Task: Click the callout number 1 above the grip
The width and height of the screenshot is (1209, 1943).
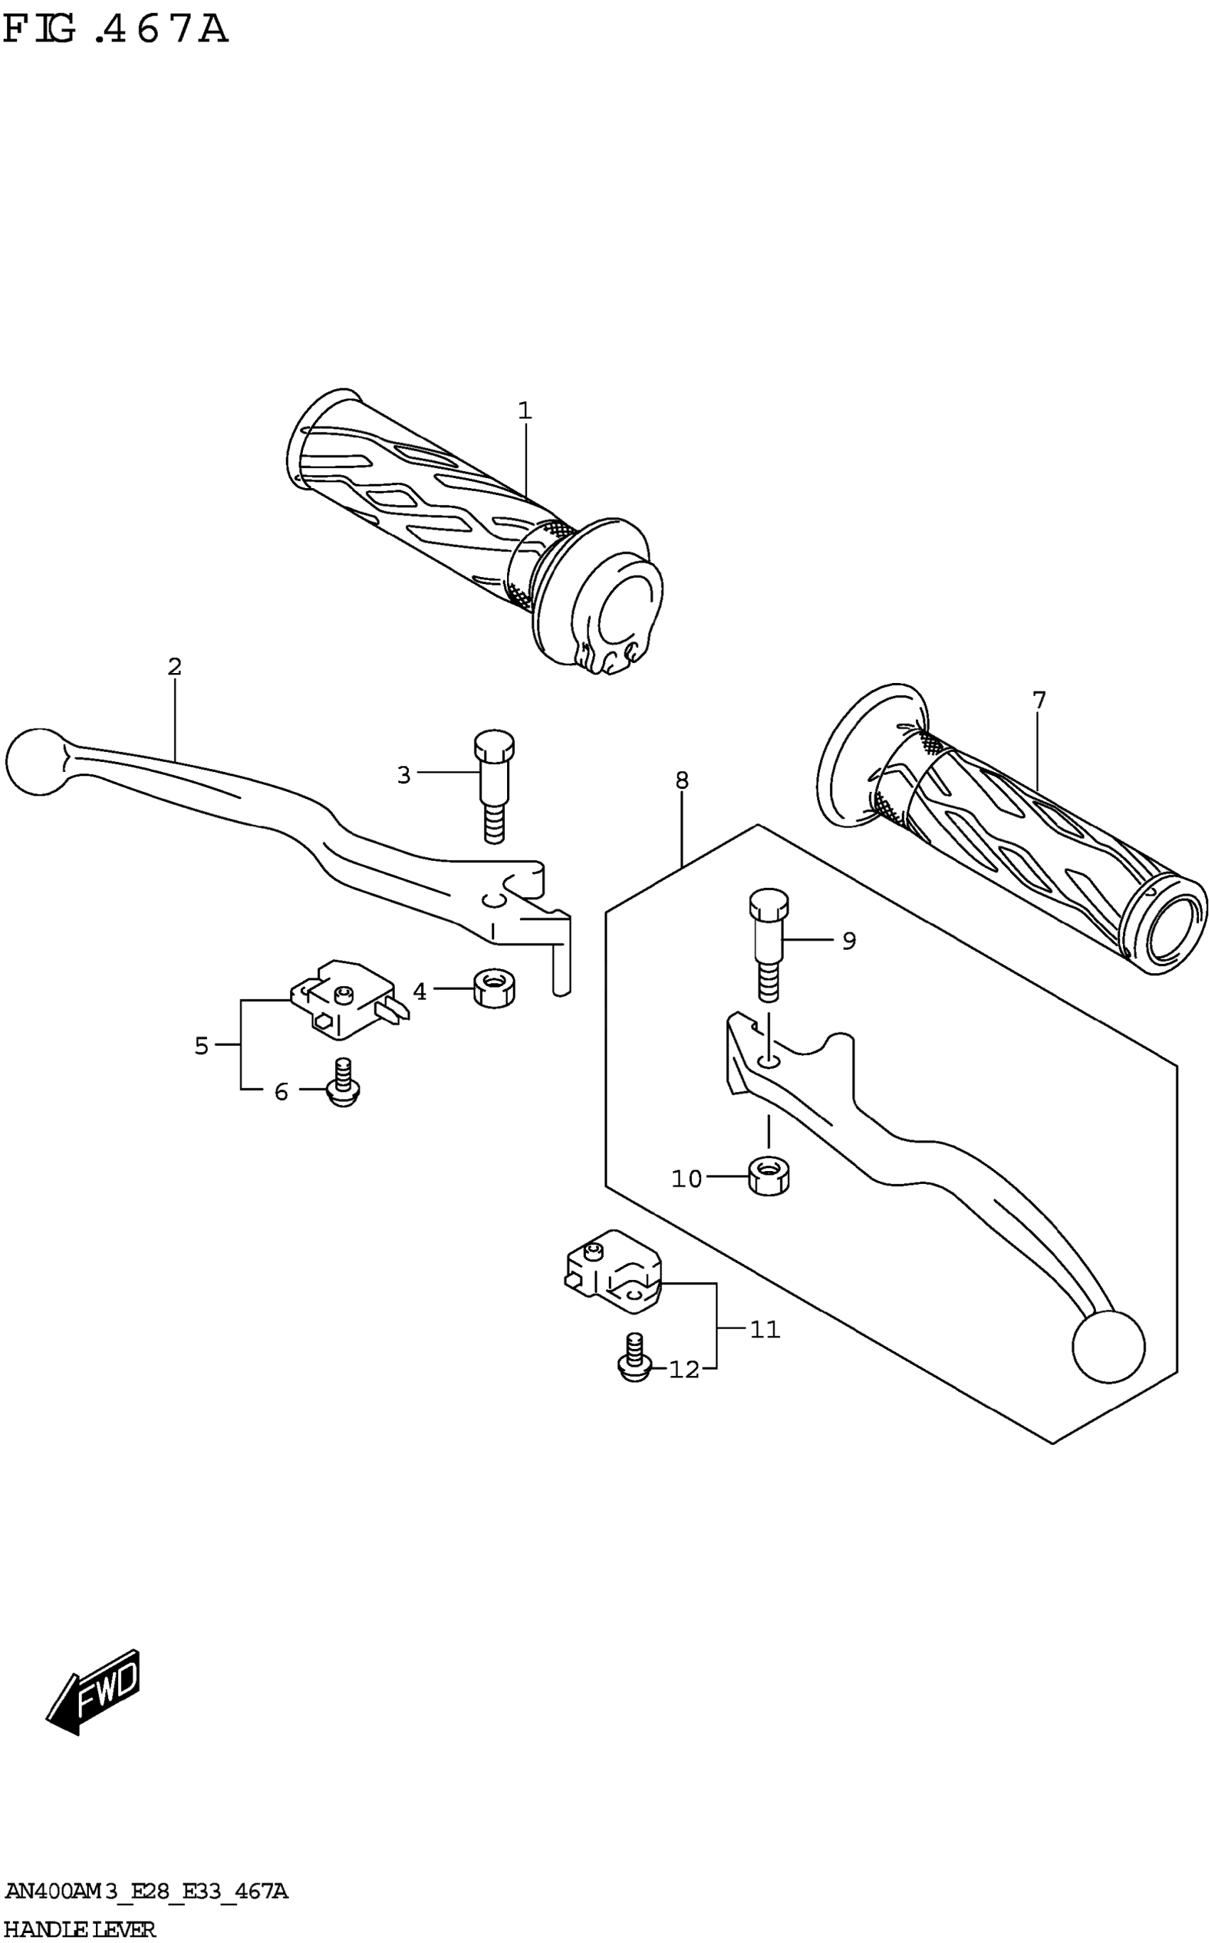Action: pos(525,411)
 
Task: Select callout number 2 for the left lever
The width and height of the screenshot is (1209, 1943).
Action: pos(174,667)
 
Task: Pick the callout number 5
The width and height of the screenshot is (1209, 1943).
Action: pos(201,1046)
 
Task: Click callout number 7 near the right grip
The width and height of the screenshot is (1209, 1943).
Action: pos(1039,701)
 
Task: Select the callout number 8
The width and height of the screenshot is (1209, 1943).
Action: pos(681,780)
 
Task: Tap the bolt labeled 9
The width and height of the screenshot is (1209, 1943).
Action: pos(768,944)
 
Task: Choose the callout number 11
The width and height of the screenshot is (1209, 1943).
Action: pos(765,1329)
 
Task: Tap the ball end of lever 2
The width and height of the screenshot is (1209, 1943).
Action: pos(36,761)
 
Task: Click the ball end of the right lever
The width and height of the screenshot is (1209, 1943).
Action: pos(1107,1347)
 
